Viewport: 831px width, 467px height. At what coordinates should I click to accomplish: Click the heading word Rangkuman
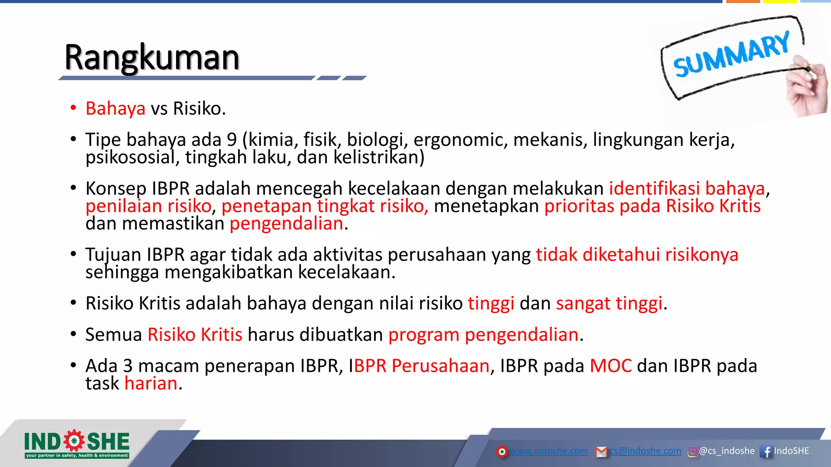coord(152,58)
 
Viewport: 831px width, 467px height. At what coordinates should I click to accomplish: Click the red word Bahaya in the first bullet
coord(115,109)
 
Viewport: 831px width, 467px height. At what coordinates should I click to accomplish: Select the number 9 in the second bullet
coord(232,140)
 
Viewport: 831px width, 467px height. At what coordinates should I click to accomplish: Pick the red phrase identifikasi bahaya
coord(687,189)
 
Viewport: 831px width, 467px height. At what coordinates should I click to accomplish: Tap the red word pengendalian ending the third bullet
coord(286,224)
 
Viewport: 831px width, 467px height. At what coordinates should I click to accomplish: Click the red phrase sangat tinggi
coord(609,304)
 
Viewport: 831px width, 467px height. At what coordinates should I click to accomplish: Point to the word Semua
coord(114,335)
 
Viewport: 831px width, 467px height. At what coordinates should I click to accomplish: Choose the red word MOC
coord(611,366)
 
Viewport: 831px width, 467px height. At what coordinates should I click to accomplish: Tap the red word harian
coord(151,383)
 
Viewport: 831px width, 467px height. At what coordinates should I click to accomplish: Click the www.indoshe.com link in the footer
coord(548,451)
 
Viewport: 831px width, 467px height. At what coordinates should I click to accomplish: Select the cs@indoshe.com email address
coord(645,451)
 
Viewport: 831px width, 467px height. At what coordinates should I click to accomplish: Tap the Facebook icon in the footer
coord(766,451)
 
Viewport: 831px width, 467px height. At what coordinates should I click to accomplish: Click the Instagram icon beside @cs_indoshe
coord(692,451)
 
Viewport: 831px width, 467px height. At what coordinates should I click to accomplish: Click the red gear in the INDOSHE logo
coord(74,441)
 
